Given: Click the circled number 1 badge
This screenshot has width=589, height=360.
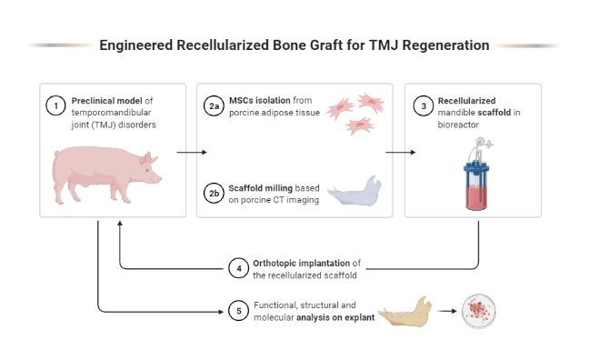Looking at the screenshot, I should click(x=56, y=106).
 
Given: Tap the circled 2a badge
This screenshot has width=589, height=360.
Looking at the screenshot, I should click(x=214, y=106).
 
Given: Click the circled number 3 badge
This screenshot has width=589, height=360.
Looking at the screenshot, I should click(x=422, y=106).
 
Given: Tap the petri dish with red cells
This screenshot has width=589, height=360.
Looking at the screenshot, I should click(x=479, y=311).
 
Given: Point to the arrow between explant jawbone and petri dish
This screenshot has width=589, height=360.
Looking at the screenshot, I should click(x=445, y=312).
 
